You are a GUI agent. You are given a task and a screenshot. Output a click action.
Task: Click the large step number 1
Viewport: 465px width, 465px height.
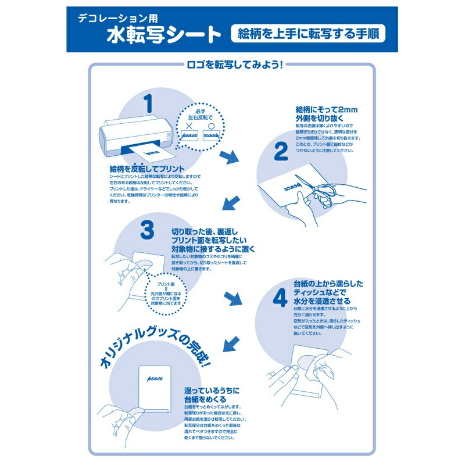pyautogui.click(x=149, y=103)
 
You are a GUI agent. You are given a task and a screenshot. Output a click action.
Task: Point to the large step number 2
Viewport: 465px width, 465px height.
pyautogui.click(x=281, y=152)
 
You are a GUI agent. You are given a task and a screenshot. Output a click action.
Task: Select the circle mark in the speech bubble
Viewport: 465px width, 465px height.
pyautogui.click(x=213, y=123)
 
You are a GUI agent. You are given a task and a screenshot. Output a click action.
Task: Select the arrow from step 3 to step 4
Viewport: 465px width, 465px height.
pyautogui.click(x=232, y=298)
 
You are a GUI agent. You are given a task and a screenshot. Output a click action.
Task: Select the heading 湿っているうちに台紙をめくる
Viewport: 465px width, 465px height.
pyautogui.click(x=207, y=395)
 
